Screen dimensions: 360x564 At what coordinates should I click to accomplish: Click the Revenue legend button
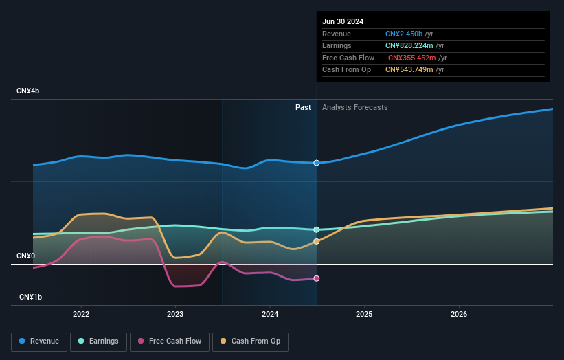click(40, 341)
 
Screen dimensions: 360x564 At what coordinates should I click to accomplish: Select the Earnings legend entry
click(99, 341)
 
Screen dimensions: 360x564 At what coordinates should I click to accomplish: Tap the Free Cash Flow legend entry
click(169, 341)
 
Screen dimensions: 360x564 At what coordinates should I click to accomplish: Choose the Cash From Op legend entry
click(251, 341)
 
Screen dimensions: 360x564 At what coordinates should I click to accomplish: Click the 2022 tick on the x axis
click(81, 314)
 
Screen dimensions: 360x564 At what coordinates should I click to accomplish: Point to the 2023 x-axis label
click(175, 314)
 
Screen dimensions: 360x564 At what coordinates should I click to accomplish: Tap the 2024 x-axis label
click(270, 314)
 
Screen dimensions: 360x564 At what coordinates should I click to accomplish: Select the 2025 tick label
click(364, 314)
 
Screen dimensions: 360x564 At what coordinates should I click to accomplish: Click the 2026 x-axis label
click(459, 314)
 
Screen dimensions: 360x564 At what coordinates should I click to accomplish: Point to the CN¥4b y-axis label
click(28, 91)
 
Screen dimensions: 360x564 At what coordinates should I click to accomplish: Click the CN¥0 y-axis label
click(26, 256)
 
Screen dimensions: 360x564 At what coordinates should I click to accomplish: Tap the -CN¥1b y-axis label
click(30, 297)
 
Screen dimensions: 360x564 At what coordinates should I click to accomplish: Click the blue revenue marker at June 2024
click(317, 163)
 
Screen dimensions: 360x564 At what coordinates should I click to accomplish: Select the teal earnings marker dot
click(317, 229)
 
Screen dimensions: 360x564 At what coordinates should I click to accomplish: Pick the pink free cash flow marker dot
click(317, 278)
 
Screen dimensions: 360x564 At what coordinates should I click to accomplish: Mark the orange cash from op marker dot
click(317, 241)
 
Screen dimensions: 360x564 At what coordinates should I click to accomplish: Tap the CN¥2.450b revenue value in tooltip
click(404, 34)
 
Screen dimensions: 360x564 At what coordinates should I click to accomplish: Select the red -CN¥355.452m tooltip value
click(411, 58)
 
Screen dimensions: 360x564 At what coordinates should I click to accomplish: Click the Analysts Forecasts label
click(354, 108)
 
